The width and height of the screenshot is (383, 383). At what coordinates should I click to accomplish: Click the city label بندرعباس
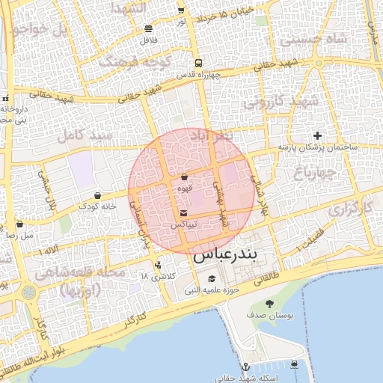(x=224, y=255)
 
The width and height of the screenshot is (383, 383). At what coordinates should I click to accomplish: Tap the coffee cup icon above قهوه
(x=184, y=177)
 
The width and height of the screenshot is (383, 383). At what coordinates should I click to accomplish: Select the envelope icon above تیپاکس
(x=184, y=214)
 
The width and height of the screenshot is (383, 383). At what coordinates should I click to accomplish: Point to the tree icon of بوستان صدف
(x=269, y=304)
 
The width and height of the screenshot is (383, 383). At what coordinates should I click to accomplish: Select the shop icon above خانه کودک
(x=98, y=195)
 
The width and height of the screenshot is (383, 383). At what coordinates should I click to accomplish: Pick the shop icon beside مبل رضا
(x=19, y=224)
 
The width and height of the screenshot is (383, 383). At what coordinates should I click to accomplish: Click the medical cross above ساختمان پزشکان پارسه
(x=318, y=135)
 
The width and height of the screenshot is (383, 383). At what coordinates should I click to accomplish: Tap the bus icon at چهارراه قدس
(x=197, y=64)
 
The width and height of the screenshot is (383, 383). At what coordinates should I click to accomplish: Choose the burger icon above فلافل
(x=148, y=29)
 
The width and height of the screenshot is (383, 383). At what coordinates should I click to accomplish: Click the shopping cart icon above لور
(x=181, y=10)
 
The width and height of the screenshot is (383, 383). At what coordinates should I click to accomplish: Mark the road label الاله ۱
(x=50, y=249)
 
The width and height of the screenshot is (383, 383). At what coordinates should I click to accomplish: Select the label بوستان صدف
(x=270, y=316)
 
